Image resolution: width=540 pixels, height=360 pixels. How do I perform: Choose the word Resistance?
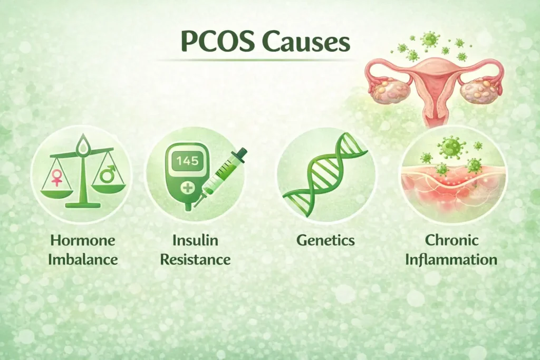pyautogui.click(x=195, y=260)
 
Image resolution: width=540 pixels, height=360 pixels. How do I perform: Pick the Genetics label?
pyautogui.click(x=325, y=241)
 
